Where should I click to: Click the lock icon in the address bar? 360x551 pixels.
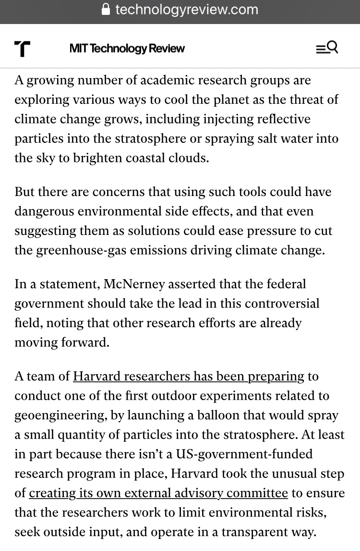(x=106, y=10)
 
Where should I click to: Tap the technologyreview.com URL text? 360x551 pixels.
(x=187, y=10)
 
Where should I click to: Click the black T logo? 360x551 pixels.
(x=22, y=49)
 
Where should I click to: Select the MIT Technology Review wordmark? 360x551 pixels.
(x=127, y=49)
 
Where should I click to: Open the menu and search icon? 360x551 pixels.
(x=327, y=48)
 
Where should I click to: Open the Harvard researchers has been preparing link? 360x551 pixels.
(x=188, y=376)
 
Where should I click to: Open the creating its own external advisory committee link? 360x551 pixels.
(x=158, y=493)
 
